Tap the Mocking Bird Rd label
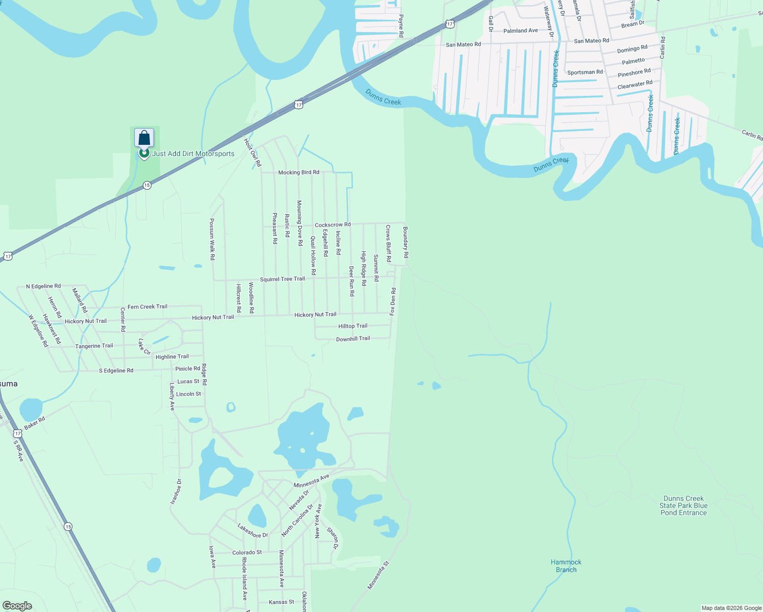(298, 172)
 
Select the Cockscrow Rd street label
(333, 225)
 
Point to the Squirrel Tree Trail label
(282, 279)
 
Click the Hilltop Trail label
(352, 326)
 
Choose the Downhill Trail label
(353, 339)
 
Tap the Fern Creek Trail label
(147, 307)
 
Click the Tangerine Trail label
(94, 346)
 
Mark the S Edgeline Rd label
(116, 371)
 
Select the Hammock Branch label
(566, 566)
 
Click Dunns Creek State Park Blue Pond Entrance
(683, 505)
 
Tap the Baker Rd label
(35, 423)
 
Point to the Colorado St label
(247, 552)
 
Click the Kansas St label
(281, 602)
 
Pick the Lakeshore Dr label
(252, 531)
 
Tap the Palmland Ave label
(520, 31)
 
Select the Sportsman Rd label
(584, 72)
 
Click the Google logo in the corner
(17, 606)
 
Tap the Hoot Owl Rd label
(252, 153)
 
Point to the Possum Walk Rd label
(212, 239)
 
